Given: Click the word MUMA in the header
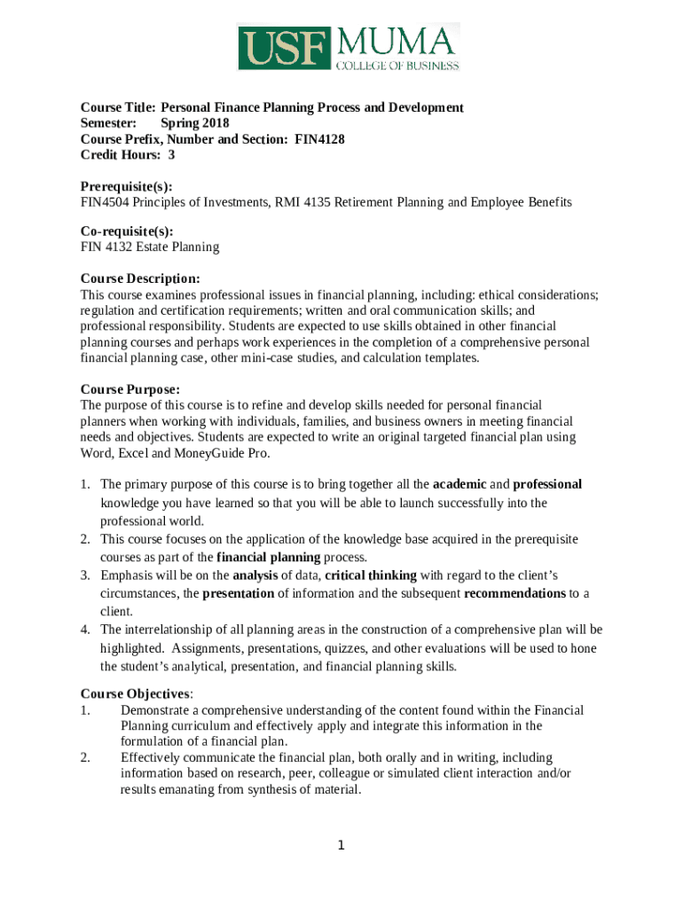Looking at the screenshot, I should pyautogui.click(x=396, y=41).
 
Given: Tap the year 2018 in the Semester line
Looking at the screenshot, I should pyautogui.click(x=214, y=123).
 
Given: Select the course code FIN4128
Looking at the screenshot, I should pyautogui.click(x=319, y=139).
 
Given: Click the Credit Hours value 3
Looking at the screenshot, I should pyautogui.click(x=171, y=155).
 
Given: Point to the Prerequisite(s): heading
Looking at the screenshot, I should pyautogui.click(x=126, y=186).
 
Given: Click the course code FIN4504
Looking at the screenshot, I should pyautogui.click(x=104, y=202).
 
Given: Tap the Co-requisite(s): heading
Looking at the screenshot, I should pyautogui.click(x=127, y=231).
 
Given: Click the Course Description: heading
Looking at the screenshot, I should pyautogui.click(x=140, y=278).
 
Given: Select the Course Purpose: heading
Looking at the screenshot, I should pyautogui.click(x=130, y=389).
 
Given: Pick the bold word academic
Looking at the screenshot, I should pyautogui.click(x=459, y=484).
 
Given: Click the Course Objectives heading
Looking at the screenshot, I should pyautogui.click(x=135, y=693).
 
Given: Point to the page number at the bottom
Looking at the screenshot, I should pyautogui.click(x=341, y=845).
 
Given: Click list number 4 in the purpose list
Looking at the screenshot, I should pyautogui.click(x=84, y=630).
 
